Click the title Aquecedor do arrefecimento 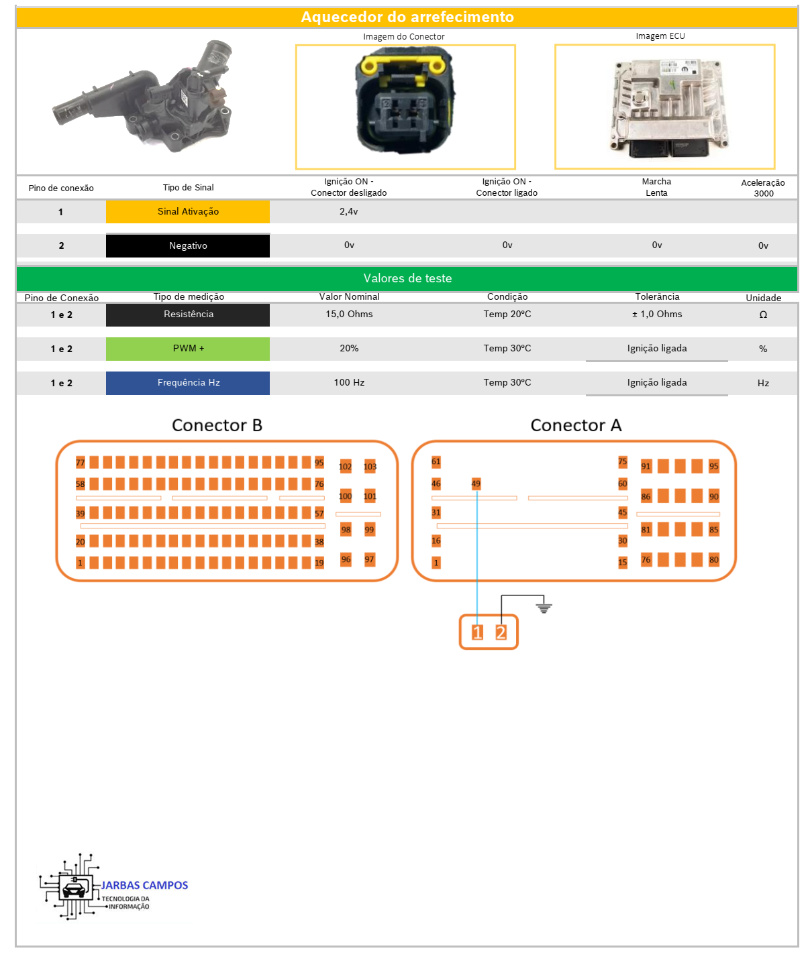click(x=407, y=17)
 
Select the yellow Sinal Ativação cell click(x=188, y=212)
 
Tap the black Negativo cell click(x=188, y=246)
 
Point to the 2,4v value click(x=348, y=211)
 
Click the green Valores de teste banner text click(x=407, y=278)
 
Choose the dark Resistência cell click(x=188, y=315)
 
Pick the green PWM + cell click(x=188, y=349)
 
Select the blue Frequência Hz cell click(x=188, y=383)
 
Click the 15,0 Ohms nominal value click(x=349, y=315)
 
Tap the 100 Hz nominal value click(x=349, y=383)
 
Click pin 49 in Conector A click(x=476, y=483)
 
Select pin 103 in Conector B click(x=370, y=467)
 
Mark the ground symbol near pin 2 click(x=544, y=608)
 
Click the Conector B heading click(x=217, y=425)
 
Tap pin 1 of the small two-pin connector click(x=477, y=632)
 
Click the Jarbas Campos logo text click(x=144, y=886)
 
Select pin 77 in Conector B click(x=81, y=463)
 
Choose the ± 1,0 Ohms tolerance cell click(x=656, y=315)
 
